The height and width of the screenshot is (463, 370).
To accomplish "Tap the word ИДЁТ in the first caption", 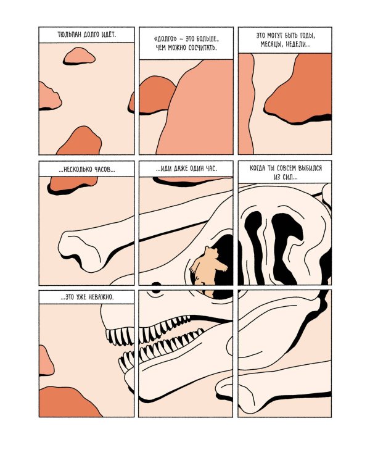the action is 109,35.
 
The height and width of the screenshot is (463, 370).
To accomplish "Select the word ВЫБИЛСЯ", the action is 310,169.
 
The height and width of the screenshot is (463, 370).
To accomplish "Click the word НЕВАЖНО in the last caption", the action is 100,297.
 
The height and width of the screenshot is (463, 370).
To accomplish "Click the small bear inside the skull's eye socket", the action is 208,266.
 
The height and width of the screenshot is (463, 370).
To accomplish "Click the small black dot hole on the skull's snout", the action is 156,285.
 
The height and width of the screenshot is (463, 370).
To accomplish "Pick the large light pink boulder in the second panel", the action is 195,108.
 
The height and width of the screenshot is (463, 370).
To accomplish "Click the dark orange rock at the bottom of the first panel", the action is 80,142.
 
